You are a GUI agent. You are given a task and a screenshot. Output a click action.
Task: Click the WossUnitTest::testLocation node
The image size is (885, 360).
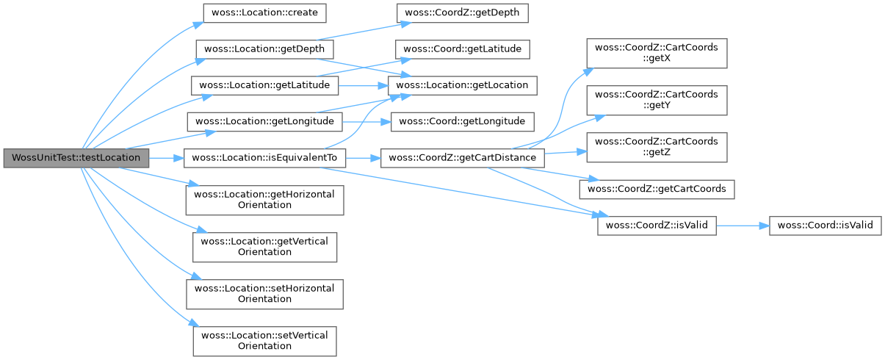[76, 157]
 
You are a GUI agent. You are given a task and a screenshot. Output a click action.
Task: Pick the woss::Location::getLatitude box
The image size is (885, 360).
[264, 85]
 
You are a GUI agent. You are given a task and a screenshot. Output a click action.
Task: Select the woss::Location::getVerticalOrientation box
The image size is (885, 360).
[264, 246]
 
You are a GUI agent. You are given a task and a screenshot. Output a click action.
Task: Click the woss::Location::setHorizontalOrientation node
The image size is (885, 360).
[264, 293]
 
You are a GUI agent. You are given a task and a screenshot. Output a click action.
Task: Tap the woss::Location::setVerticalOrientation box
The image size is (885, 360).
[264, 340]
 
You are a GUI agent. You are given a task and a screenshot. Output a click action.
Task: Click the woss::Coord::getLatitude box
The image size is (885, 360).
[462, 49]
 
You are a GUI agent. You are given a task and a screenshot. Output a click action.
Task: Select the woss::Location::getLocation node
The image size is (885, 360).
[462, 85]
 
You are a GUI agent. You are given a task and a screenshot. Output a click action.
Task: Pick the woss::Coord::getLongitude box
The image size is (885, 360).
[462, 121]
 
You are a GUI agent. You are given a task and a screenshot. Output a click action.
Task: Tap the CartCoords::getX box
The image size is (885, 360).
[656, 53]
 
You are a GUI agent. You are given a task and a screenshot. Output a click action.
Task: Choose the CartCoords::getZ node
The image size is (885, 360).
[656, 147]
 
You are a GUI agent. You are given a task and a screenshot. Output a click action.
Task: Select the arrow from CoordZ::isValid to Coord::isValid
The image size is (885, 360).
[742, 226]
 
